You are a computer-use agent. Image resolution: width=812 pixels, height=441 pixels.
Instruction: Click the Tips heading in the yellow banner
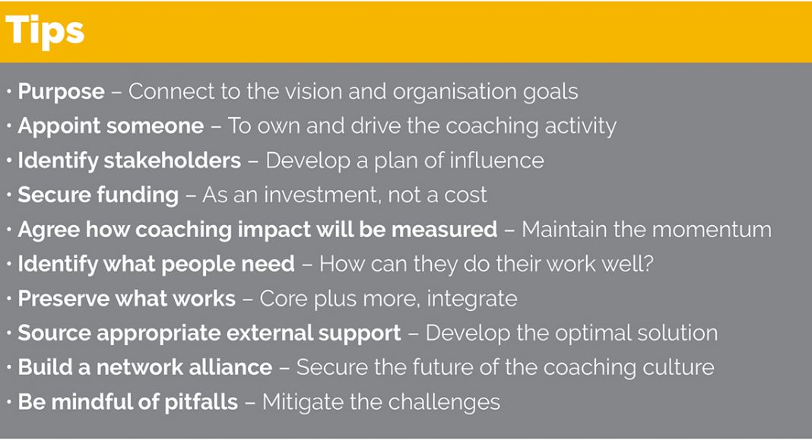(45, 31)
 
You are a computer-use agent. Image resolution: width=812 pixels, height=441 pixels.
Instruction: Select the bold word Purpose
(61, 92)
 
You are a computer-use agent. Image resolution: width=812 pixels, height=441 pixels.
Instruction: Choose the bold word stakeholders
(172, 160)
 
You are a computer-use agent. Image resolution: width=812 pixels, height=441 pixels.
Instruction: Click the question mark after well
(648, 264)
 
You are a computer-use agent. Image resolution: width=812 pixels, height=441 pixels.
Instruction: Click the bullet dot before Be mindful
(9, 402)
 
